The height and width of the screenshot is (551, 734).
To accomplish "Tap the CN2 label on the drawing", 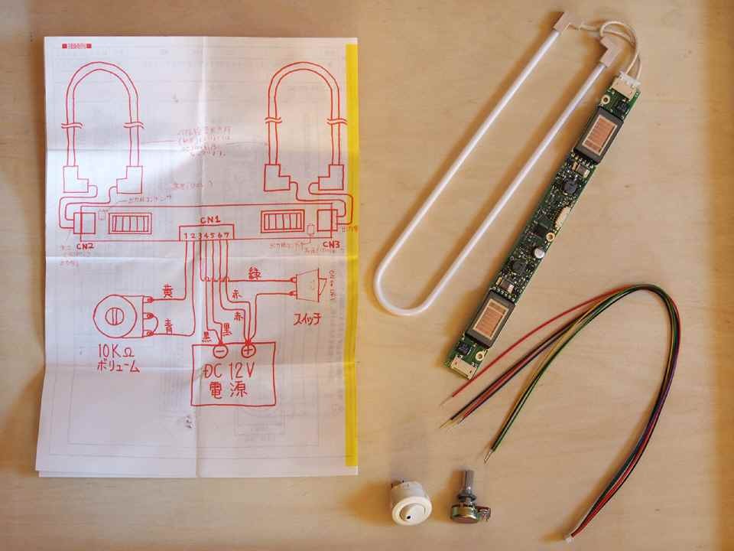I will [x=84, y=246].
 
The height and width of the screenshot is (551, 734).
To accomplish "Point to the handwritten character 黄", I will [x=169, y=292].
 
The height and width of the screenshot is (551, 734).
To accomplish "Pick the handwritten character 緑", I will [x=255, y=272].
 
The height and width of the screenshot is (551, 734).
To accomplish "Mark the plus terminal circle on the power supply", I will [x=248, y=351].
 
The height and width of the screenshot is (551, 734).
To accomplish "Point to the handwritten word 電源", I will [x=232, y=394].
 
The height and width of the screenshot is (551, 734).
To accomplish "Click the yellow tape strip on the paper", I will [x=352, y=253].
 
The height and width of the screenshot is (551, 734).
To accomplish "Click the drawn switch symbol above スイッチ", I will [x=305, y=286].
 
